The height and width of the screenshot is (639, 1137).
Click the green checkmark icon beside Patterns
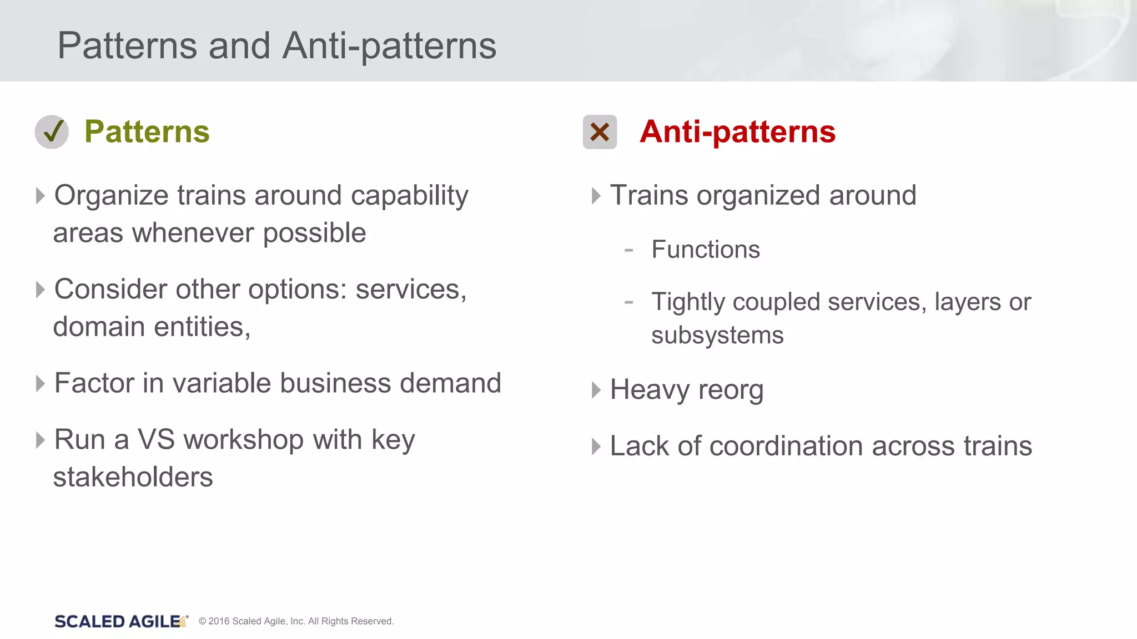point(52,132)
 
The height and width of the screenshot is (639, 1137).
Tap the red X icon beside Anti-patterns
point(600,132)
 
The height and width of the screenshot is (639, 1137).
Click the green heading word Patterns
point(147,132)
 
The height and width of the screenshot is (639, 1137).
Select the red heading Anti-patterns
point(737,132)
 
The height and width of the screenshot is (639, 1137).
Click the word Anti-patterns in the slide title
point(389,45)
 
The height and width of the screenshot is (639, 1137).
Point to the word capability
point(409,196)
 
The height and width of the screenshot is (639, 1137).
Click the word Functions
point(706,250)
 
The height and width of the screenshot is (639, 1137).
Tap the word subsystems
point(717,336)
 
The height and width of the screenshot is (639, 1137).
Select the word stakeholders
point(133,477)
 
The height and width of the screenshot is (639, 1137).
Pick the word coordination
point(787,447)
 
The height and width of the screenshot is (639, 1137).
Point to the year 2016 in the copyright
point(219,621)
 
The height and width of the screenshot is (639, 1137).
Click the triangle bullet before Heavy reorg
point(596,390)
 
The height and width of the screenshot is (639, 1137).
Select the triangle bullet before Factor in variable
point(40,383)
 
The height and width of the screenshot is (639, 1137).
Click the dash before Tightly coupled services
point(628,303)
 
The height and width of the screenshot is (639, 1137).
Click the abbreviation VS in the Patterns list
point(156,440)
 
